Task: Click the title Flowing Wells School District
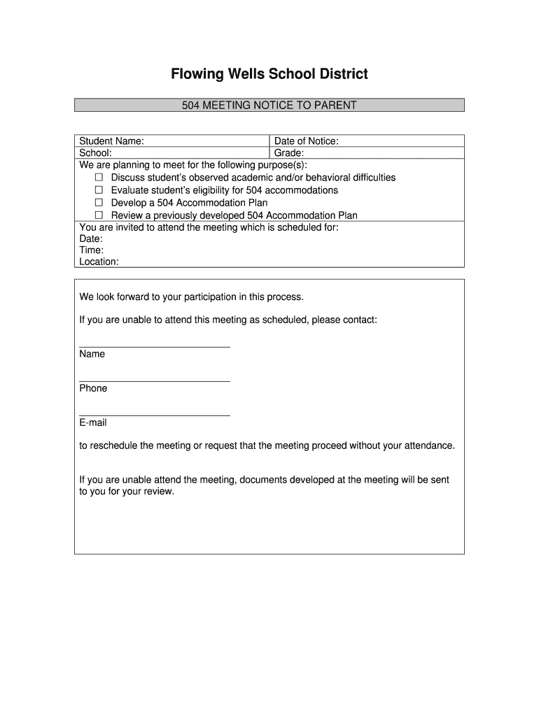269,74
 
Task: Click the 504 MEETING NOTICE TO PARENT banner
269,106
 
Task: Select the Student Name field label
112,141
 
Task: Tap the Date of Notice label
306,141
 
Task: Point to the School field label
95,153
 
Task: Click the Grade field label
288,153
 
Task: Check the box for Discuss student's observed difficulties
99,178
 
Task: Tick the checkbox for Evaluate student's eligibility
99,190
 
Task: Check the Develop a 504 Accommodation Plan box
99,203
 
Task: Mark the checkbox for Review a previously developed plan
99,215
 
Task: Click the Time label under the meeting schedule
92,250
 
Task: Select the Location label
99,262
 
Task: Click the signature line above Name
155,347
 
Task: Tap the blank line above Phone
155,381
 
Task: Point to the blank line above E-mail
155,416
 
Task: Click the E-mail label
93,423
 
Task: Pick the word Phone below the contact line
93,389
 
